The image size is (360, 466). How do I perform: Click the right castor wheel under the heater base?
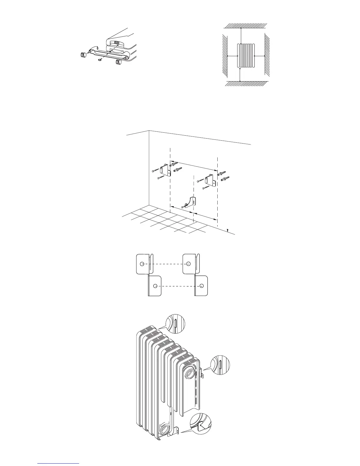tap(119, 62)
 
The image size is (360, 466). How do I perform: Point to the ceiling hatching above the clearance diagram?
tap(246, 25)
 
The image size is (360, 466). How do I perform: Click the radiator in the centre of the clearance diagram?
tap(246, 56)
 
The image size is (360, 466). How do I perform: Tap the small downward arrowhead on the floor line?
tap(228, 231)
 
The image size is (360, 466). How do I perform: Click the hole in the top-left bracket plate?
tap(142, 264)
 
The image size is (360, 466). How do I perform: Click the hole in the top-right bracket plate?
tap(189, 264)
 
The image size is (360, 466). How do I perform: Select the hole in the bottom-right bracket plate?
tap(201, 286)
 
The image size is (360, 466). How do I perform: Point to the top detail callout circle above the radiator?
tap(175, 324)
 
